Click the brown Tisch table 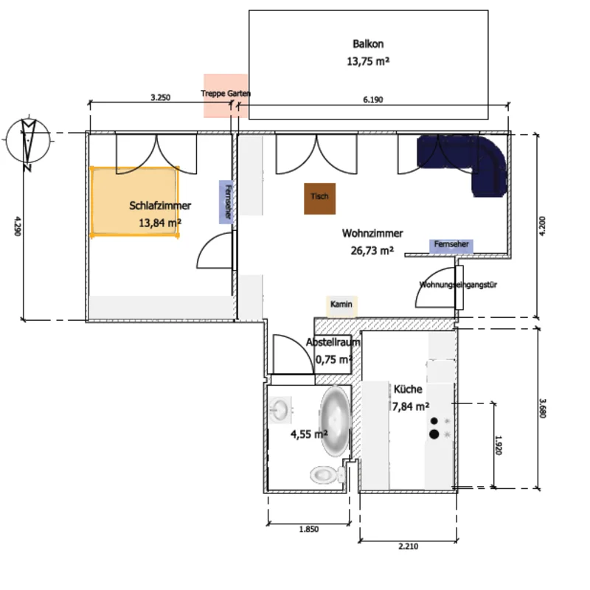tap(320, 198)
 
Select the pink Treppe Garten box tap(226, 95)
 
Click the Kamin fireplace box tap(341, 305)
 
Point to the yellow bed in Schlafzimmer tap(135, 201)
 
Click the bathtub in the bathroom tap(335, 417)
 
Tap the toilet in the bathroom tap(324, 473)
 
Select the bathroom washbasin tap(281, 409)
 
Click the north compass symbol tap(28, 142)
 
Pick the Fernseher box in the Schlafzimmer tap(226, 201)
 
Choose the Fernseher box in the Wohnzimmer tap(451, 245)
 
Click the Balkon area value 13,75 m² tap(368, 62)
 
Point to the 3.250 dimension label tap(160, 97)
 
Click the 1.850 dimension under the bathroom tap(308, 529)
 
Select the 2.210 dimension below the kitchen tap(408, 546)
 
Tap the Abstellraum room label tap(333, 343)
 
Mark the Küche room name tap(408, 390)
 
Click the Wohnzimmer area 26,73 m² tap(372, 250)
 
